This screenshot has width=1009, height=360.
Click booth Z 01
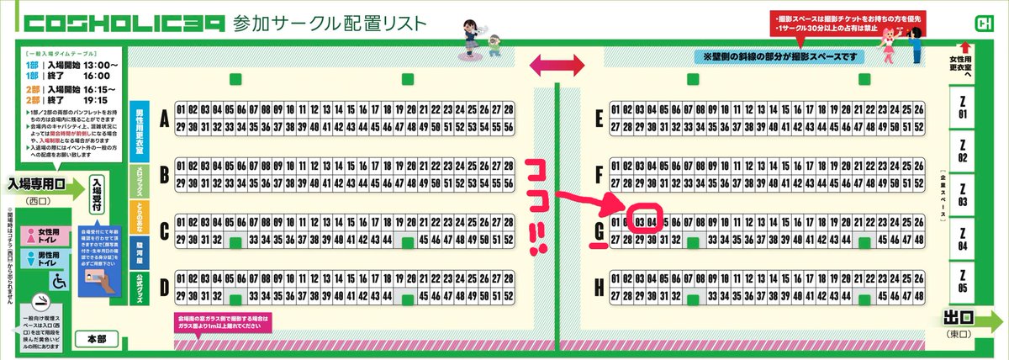pyautogui.click(x=962, y=109)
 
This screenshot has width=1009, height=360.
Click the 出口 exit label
pyautogui.click(x=959, y=320)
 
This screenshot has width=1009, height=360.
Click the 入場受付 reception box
pyautogui.click(x=98, y=196)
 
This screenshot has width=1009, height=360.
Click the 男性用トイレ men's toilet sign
pyautogui.click(x=42, y=257)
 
